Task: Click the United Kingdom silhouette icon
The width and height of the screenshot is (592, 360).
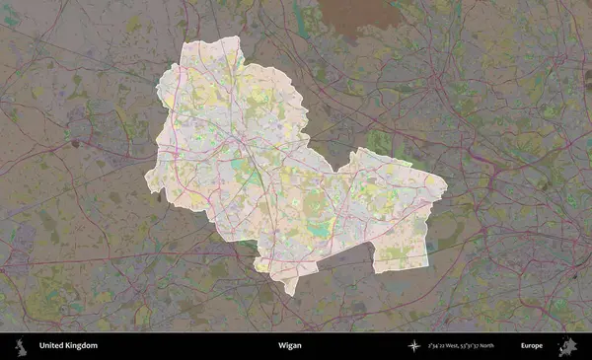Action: (19, 346)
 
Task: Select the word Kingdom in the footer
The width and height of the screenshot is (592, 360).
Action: (78, 346)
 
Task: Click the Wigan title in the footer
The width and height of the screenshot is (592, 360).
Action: (289, 346)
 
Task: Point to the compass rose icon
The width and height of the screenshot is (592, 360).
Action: (414, 346)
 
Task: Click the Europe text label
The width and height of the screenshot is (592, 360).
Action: (532, 346)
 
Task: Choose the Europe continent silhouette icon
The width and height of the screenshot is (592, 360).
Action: (567, 346)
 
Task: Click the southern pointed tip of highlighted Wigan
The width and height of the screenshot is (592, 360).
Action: (289, 293)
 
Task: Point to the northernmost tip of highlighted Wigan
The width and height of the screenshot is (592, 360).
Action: (235, 37)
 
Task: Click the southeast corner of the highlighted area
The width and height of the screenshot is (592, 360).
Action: (428, 266)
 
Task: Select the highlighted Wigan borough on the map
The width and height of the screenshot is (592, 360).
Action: (266, 168)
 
